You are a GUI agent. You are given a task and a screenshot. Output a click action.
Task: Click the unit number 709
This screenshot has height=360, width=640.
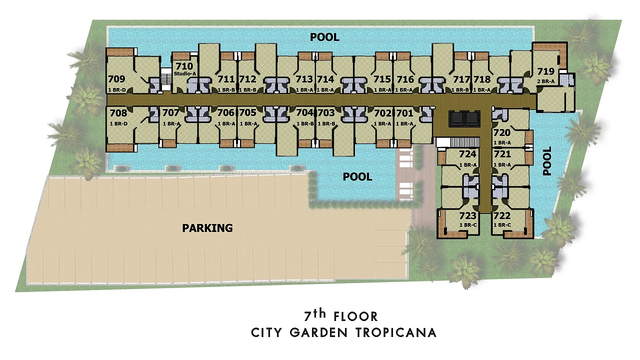(116, 79)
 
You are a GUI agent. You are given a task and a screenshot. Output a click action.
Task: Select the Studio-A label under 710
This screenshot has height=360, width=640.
(185, 73)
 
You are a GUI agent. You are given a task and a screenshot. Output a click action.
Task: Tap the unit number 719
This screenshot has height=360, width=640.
(545, 71)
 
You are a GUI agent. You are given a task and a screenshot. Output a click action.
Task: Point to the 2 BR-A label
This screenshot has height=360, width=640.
(545, 81)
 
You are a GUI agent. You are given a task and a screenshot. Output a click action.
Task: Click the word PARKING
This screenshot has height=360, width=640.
(207, 228)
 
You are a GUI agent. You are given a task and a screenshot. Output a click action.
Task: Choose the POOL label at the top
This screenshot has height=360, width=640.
(325, 37)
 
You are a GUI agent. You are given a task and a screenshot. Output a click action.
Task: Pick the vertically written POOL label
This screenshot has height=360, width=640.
(547, 161)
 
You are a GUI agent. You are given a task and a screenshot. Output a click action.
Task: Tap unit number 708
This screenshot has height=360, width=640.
(118, 113)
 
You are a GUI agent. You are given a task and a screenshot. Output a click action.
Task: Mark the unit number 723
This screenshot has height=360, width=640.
(467, 215)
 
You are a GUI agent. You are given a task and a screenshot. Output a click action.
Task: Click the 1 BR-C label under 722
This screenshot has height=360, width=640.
(502, 225)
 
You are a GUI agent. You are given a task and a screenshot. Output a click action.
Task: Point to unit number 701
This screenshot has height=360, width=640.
(404, 113)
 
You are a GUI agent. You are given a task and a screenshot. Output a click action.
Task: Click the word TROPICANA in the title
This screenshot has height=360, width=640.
(396, 333)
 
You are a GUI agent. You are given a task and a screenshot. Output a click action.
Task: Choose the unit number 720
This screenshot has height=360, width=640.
(502, 132)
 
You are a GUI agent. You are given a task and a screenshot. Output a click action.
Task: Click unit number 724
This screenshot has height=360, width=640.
(467, 154)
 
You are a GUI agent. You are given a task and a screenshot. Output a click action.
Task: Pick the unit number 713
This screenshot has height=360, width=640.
(304, 79)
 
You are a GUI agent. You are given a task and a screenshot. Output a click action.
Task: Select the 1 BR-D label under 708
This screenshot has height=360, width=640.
(118, 124)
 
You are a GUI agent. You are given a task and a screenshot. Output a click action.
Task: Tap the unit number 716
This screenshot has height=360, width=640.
(405, 79)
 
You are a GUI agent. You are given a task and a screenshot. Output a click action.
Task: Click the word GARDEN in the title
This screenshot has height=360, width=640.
(318, 333)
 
